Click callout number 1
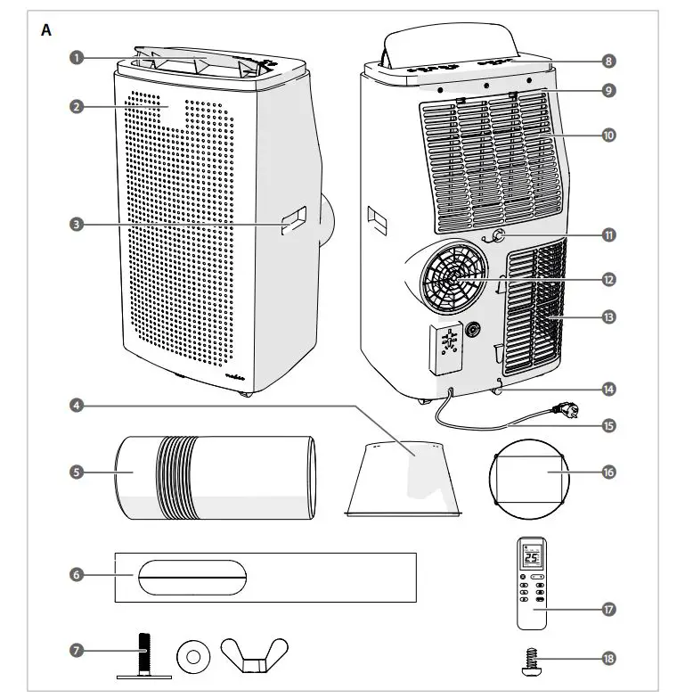coord(77,58)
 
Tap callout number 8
coord(608,62)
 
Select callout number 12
coord(608,280)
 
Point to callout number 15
coord(608,426)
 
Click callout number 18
coord(608,659)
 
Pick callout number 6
coord(77,576)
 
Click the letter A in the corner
coord(46,29)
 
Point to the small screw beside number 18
coord(530,661)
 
